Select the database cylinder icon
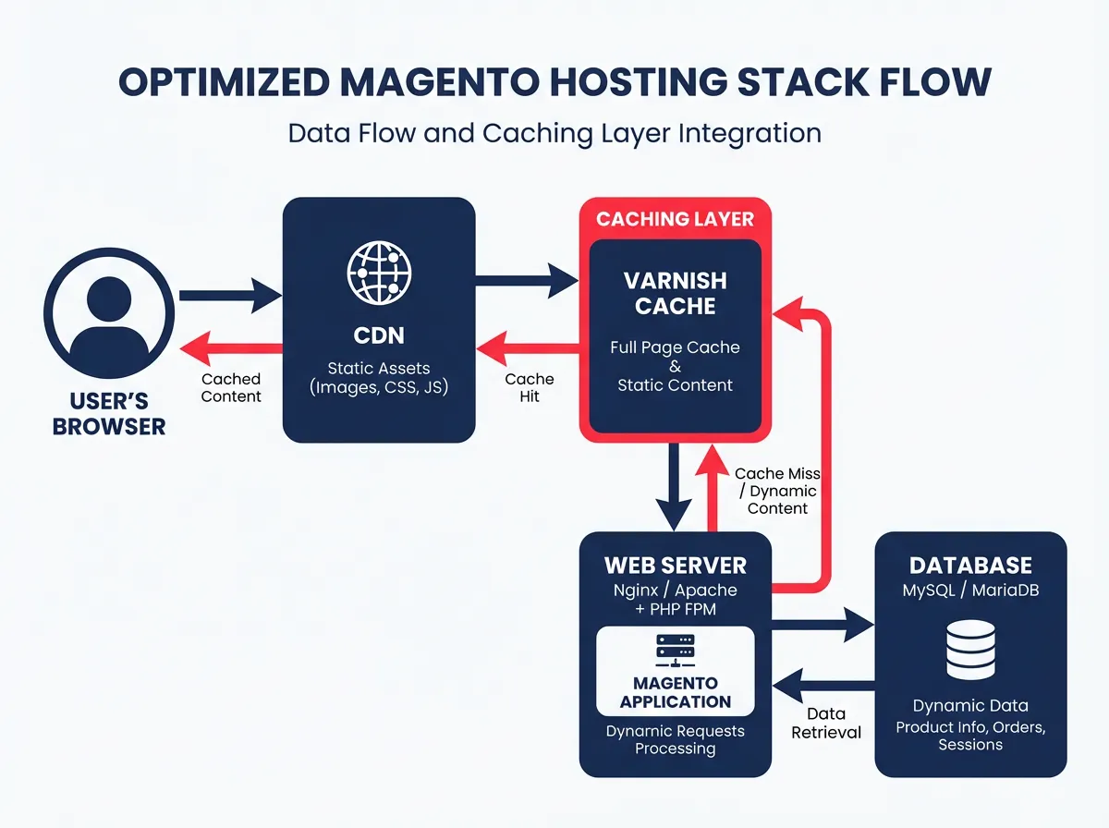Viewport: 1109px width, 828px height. coord(970,650)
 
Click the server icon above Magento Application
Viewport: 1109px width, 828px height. coord(675,651)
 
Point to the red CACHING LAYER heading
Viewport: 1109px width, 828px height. coord(675,219)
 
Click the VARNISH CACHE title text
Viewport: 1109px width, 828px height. coord(675,292)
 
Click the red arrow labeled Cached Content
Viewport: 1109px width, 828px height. coord(231,347)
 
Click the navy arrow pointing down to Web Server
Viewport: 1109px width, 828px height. coord(676,485)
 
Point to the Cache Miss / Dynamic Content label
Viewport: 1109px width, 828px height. coord(777,491)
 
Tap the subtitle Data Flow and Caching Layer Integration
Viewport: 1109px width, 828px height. coord(554,133)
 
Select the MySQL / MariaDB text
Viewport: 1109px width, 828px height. coord(970,590)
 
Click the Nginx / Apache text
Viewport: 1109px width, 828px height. coord(675,590)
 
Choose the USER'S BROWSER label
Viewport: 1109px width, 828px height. coord(109,414)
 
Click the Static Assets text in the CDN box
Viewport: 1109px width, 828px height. coord(379,369)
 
